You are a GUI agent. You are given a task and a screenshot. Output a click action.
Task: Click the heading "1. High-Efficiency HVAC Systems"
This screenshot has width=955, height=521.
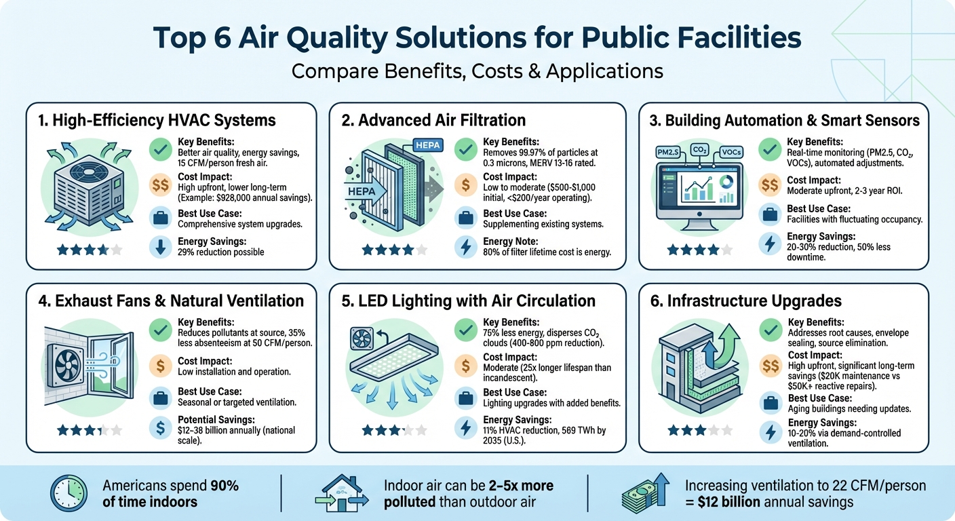[x=157, y=121]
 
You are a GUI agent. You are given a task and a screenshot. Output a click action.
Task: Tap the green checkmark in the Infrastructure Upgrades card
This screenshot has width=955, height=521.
[x=771, y=330]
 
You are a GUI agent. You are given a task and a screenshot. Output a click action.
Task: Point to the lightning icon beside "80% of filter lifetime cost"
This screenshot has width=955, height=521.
[x=466, y=247]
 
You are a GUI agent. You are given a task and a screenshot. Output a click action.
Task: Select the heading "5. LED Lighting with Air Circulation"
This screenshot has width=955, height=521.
[x=469, y=301]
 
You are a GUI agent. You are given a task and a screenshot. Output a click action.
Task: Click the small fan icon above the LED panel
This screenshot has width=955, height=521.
[x=360, y=337]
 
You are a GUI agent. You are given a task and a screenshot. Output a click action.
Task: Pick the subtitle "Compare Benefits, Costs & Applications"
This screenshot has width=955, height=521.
[x=477, y=71]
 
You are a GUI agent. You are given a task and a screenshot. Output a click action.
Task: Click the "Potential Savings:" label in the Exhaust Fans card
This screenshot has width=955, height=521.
[x=215, y=421]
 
